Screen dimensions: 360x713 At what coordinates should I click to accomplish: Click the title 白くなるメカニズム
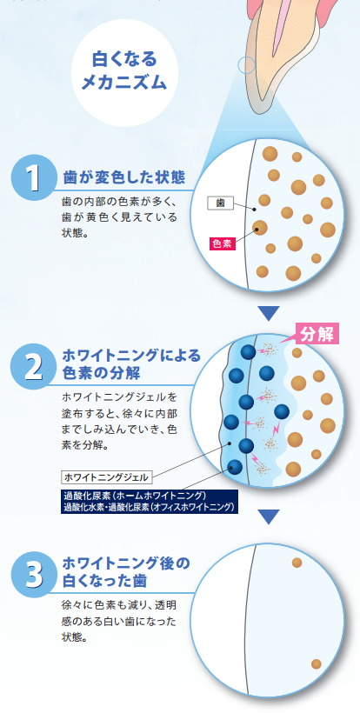(x=123, y=71)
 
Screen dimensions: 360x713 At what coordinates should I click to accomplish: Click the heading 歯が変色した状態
(x=124, y=177)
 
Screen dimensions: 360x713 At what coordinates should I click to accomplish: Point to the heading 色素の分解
(x=101, y=373)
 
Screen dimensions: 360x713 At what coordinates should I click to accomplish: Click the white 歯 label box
(x=221, y=203)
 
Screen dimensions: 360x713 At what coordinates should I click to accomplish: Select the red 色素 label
(x=223, y=243)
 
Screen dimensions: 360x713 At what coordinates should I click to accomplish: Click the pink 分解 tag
(x=317, y=335)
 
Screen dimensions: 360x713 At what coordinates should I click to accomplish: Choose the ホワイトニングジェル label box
(x=106, y=477)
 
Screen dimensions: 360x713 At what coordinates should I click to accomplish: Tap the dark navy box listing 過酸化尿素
(x=150, y=502)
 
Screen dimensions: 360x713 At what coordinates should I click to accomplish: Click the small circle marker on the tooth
(x=247, y=65)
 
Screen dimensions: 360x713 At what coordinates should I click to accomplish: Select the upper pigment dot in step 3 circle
(x=297, y=563)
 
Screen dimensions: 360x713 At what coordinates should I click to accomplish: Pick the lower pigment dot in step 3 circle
(x=317, y=664)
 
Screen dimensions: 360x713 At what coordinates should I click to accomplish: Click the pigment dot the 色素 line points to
(x=259, y=227)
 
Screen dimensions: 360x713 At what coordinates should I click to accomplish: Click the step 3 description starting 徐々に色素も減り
(x=118, y=621)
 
